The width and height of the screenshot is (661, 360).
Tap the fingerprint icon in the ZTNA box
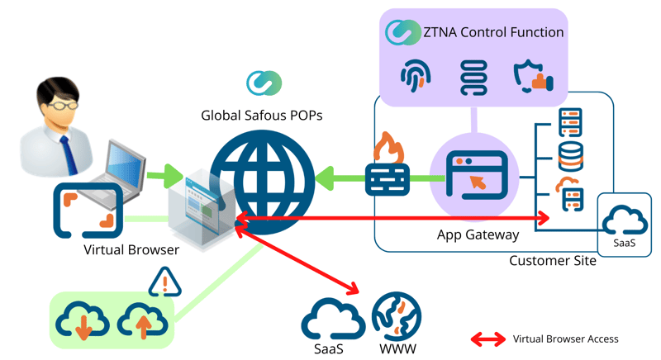(415, 77)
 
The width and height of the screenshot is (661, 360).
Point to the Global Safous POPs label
(262, 116)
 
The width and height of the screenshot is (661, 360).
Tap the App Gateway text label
(478, 234)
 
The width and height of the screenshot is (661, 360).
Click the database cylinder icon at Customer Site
(571, 157)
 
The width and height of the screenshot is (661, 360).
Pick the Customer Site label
(552, 261)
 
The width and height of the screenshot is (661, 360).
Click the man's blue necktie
(67, 154)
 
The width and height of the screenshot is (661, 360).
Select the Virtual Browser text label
(131, 249)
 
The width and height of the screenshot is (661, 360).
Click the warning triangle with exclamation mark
(164, 284)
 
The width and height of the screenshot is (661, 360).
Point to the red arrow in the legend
(488, 339)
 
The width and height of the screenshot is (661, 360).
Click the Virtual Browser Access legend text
(565, 339)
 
